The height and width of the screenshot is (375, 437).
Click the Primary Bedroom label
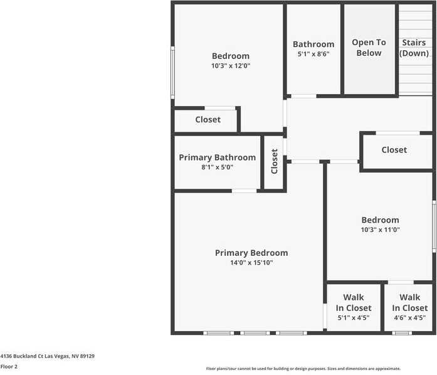tap(251, 253)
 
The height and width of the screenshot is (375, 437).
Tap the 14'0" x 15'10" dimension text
tap(251, 263)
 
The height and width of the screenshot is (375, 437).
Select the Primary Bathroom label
tap(217, 157)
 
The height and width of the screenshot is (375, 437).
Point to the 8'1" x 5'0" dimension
tap(217, 167)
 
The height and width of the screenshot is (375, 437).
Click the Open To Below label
tap(369, 48)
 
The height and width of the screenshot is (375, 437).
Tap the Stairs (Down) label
tap(414, 48)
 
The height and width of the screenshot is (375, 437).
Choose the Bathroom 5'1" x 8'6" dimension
tap(313, 54)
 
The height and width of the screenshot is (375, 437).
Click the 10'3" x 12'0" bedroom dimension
tap(230, 66)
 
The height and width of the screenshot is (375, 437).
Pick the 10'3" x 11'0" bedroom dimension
tap(380, 230)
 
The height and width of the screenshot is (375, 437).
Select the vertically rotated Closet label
tap(274, 162)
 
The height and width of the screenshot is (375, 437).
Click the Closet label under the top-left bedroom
tap(208, 119)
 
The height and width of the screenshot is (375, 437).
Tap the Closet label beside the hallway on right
tap(394, 150)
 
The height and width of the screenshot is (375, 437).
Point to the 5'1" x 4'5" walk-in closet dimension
tap(353, 318)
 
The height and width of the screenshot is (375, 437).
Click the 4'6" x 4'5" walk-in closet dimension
tap(409, 318)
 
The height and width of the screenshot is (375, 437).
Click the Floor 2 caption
tap(9, 366)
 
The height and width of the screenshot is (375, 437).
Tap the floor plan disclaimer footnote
tap(303, 369)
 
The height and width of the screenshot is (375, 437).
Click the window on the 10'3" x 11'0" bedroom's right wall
tap(434, 226)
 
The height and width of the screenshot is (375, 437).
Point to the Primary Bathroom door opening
tap(244, 191)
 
